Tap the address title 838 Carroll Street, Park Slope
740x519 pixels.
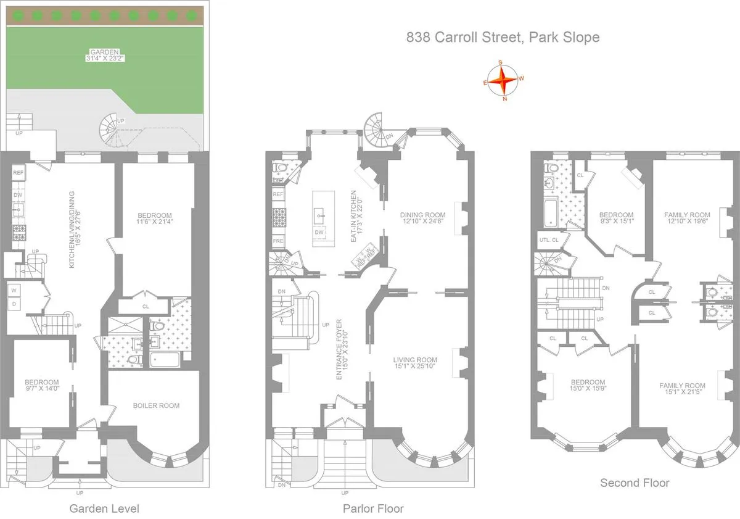[503, 38]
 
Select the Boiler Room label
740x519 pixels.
[157, 405]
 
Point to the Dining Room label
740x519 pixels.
[422, 215]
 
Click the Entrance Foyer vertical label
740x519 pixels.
[340, 357]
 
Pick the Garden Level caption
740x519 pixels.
[104, 509]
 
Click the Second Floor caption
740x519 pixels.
[635, 483]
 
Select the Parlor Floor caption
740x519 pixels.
[373, 509]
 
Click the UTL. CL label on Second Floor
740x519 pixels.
[548, 239]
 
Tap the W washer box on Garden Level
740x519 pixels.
[12, 289]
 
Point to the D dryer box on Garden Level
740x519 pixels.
[12, 303]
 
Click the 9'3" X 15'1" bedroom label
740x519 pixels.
[616, 218]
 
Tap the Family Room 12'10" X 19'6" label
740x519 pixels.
[687, 218]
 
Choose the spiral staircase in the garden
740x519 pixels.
[112, 128]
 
